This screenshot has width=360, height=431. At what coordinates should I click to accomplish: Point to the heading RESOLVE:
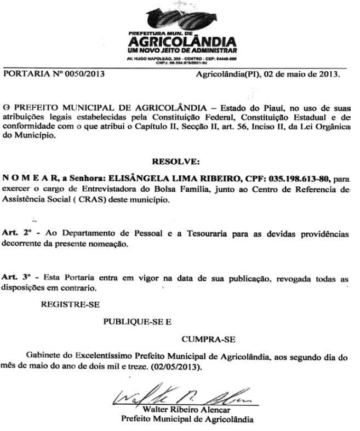[x=176, y=162]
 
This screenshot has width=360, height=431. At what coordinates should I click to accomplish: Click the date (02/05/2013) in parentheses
[x=175, y=367]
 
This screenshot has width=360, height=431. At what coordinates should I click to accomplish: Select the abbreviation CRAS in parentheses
[x=96, y=200]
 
